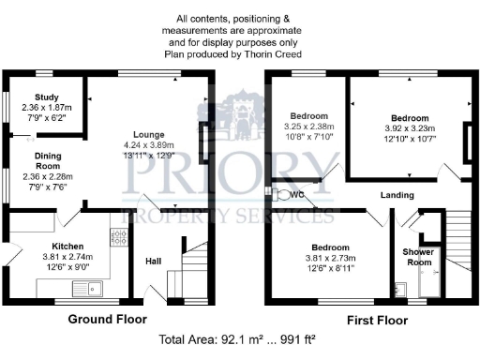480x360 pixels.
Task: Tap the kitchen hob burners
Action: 120,237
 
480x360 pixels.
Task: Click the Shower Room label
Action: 417,257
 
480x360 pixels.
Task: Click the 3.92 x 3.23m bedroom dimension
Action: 410,128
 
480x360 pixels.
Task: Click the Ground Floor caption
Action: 107,320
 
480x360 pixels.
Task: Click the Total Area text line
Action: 239,340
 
